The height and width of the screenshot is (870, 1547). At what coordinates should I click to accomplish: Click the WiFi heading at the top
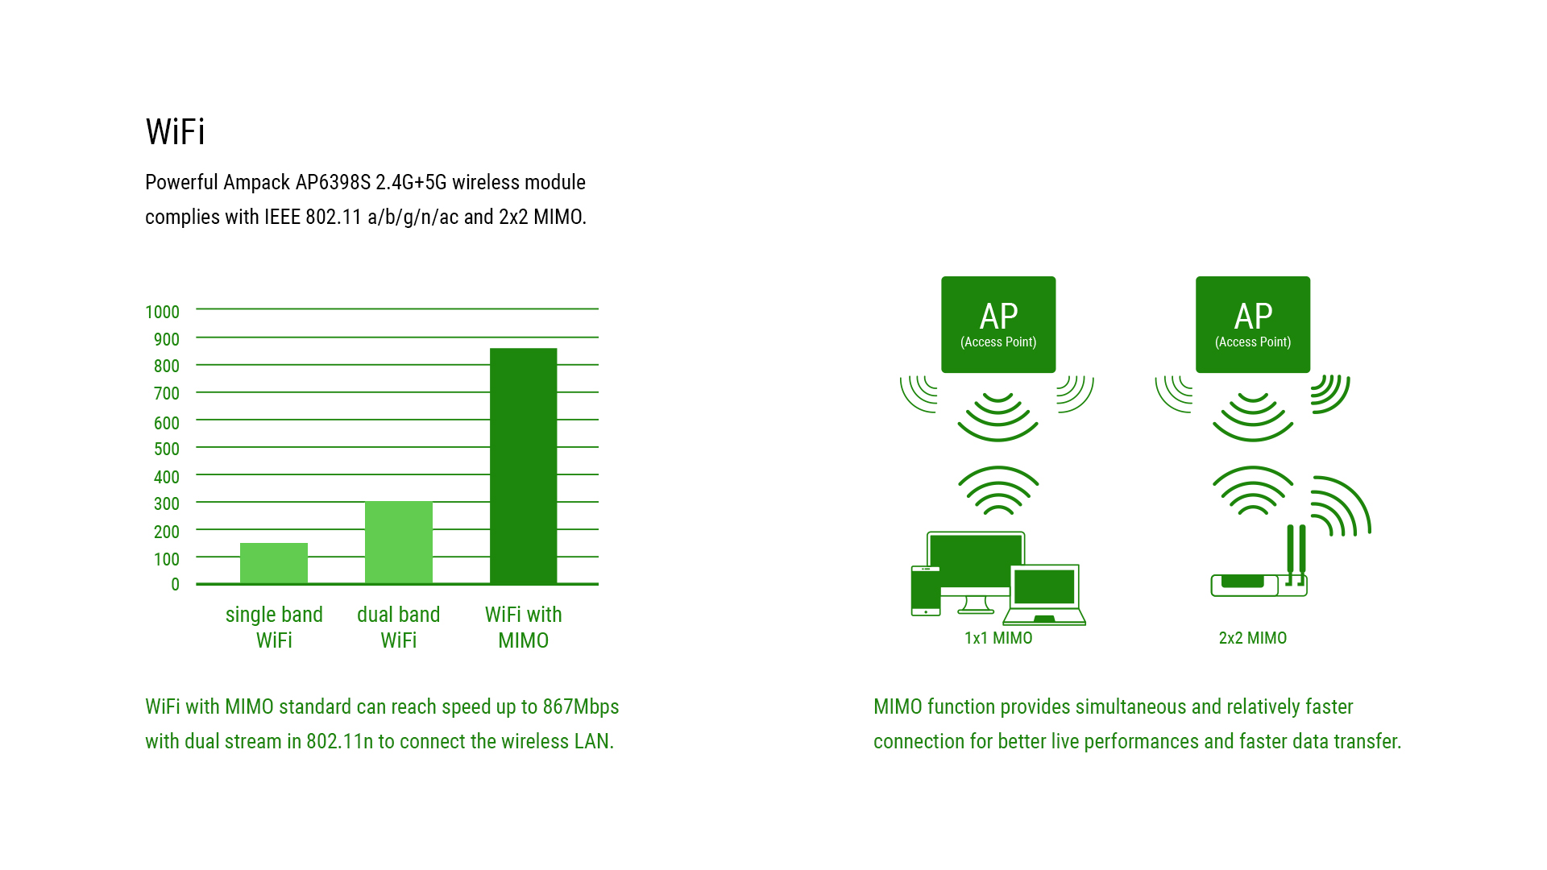point(175,132)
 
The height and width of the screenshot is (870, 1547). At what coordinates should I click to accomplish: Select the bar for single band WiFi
point(274,563)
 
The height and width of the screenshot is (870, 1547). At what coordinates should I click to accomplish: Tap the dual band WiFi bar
point(399,542)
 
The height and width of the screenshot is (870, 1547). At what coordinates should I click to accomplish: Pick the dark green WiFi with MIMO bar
point(524,466)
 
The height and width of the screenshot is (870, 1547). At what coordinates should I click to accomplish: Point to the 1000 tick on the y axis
point(162,313)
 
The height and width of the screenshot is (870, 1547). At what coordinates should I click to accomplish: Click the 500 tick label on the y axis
point(167,449)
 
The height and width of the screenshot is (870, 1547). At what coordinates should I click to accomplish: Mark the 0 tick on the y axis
point(175,585)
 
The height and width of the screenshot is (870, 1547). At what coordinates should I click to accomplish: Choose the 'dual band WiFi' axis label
point(399,628)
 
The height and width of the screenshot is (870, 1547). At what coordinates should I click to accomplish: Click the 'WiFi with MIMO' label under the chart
point(524,628)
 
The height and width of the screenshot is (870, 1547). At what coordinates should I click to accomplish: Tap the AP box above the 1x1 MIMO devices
point(998,325)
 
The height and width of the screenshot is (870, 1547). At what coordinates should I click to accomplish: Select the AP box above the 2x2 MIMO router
point(1253,325)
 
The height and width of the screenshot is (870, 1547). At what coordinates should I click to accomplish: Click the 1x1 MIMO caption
point(998,638)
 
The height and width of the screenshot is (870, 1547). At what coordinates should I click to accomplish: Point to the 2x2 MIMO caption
point(1253,638)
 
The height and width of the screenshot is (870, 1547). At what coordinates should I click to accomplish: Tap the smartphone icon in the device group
point(926,591)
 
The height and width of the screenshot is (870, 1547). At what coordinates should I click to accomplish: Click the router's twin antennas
point(1296,554)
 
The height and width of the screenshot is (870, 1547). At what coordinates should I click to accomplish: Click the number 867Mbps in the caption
point(581,707)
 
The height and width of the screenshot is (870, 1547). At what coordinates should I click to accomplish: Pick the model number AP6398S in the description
point(333,183)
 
